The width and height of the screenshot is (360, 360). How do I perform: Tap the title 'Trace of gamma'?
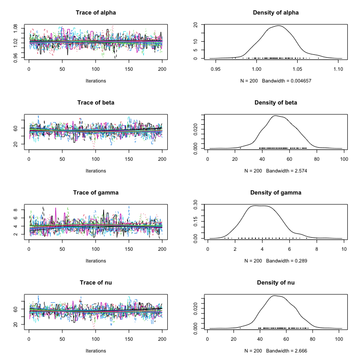[x=96, y=193]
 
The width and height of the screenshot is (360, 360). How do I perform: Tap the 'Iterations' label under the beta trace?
[x=96, y=171]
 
